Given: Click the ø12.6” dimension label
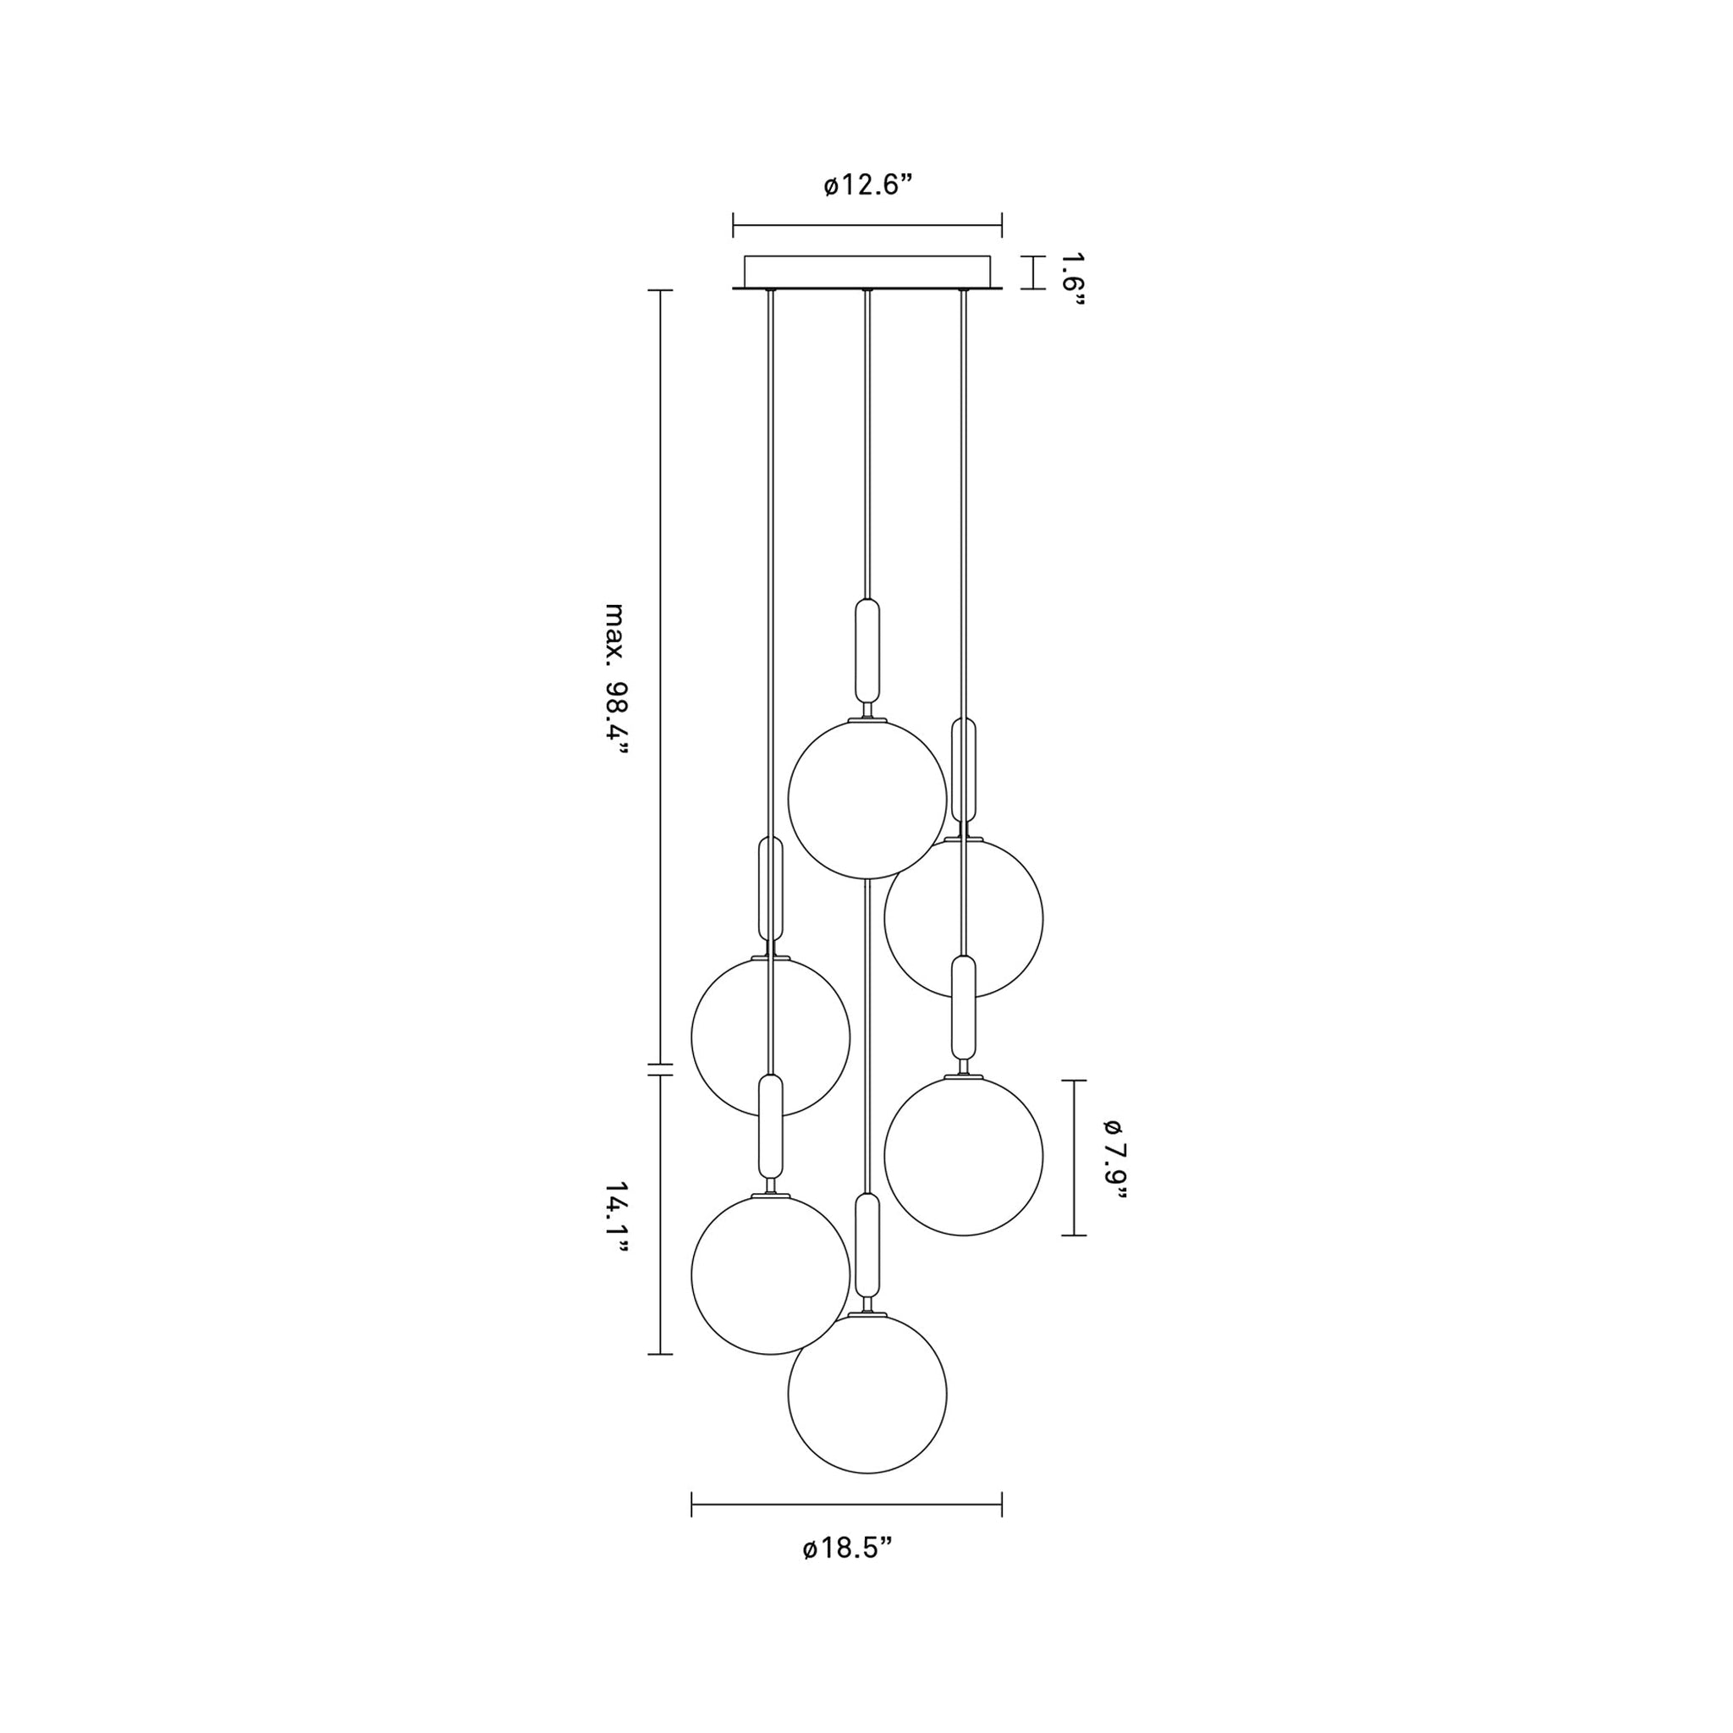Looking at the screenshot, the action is click(x=867, y=185).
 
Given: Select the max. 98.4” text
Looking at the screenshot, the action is click(x=615, y=680).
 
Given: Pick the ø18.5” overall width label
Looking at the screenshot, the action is click(x=848, y=1549).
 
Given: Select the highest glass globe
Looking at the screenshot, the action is click(x=867, y=798).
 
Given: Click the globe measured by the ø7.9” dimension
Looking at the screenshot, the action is click(x=963, y=1156).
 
